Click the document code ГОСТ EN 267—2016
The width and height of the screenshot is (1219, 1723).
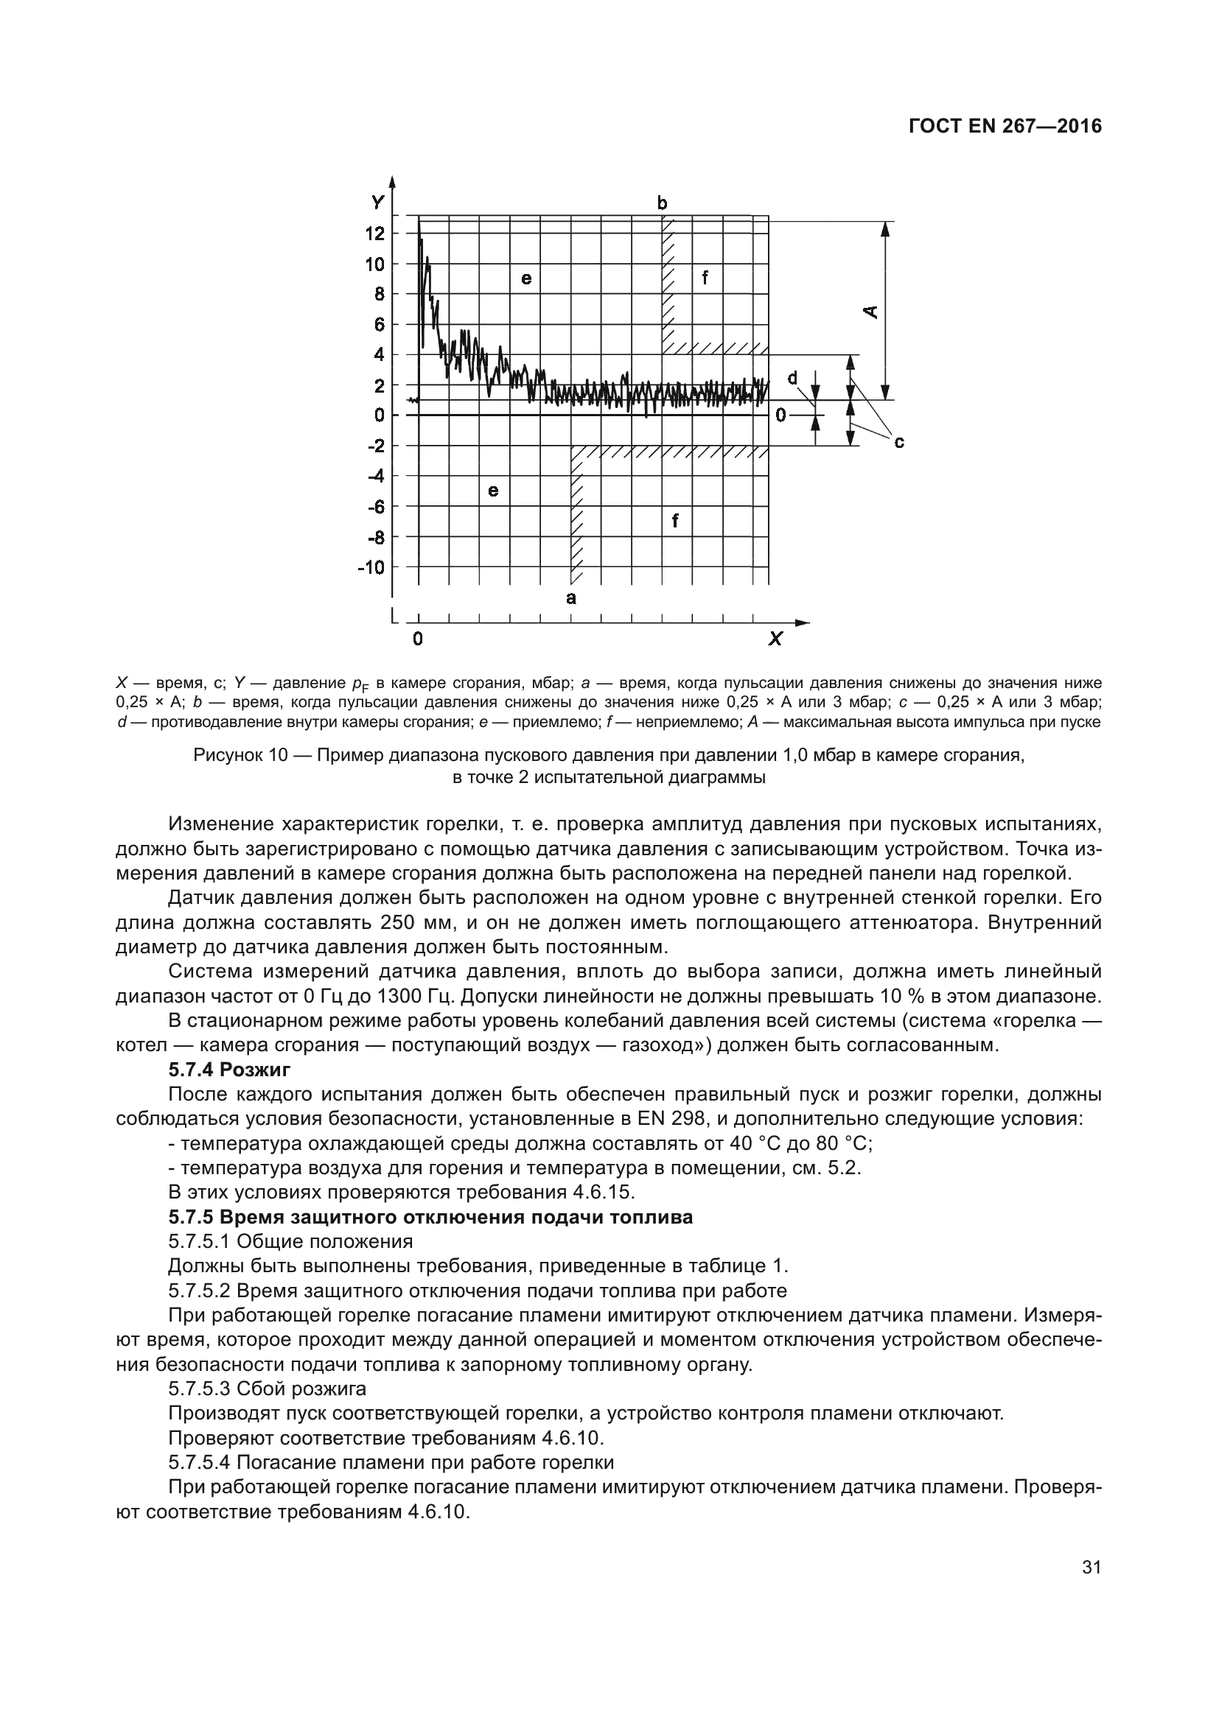point(1005,126)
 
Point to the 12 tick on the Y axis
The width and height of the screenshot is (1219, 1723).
point(374,234)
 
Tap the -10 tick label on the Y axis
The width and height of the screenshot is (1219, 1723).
point(370,567)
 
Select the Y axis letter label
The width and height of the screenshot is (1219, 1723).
point(377,202)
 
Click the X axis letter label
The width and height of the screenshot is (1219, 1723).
point(775,639)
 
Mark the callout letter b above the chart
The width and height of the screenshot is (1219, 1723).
point(662,203)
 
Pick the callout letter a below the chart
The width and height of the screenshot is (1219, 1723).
point(571,598)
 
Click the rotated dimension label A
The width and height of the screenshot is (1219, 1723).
point(870,311)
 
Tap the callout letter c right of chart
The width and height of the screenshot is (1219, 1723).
point(898,443)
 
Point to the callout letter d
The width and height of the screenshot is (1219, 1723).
point(792,377)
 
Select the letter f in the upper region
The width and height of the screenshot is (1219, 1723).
point(705,278)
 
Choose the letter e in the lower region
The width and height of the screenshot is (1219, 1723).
point(493,491)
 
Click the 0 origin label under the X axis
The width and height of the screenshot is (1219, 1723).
point(418,639)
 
